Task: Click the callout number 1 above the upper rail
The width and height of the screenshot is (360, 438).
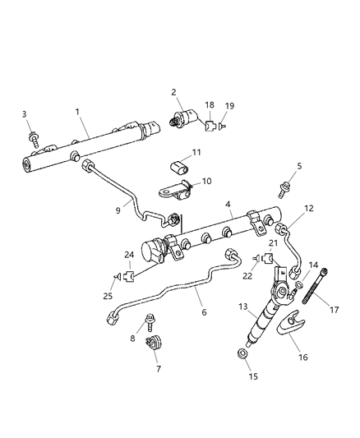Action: [x=76, y=111]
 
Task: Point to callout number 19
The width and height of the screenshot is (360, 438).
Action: [x=229, y=106]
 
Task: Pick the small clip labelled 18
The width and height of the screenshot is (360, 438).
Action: [x=211, y=127]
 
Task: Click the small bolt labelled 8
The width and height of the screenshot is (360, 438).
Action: [x=148, y=321]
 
